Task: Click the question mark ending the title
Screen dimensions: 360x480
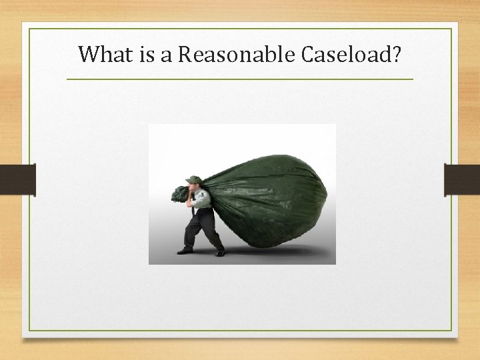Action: (397, 53)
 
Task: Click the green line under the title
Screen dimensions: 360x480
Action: (240, 79)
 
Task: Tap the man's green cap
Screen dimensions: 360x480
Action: (193, 179)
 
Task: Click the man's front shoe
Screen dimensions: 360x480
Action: (185, 251)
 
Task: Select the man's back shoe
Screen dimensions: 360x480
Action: (219, 253)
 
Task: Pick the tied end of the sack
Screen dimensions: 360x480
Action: (179, 194)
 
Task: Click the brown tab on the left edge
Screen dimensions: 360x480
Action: (17, 179)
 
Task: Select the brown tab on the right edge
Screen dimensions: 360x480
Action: (462, 179)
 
